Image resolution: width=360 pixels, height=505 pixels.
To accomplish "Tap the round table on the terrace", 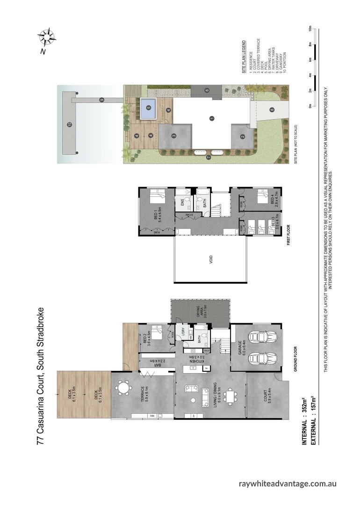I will pos(123,388).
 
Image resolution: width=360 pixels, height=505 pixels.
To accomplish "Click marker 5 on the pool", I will pos(149,107).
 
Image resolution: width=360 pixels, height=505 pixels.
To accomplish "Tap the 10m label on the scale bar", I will pos(310,28).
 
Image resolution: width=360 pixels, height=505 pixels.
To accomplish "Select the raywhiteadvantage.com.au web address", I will pos(288,483).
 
